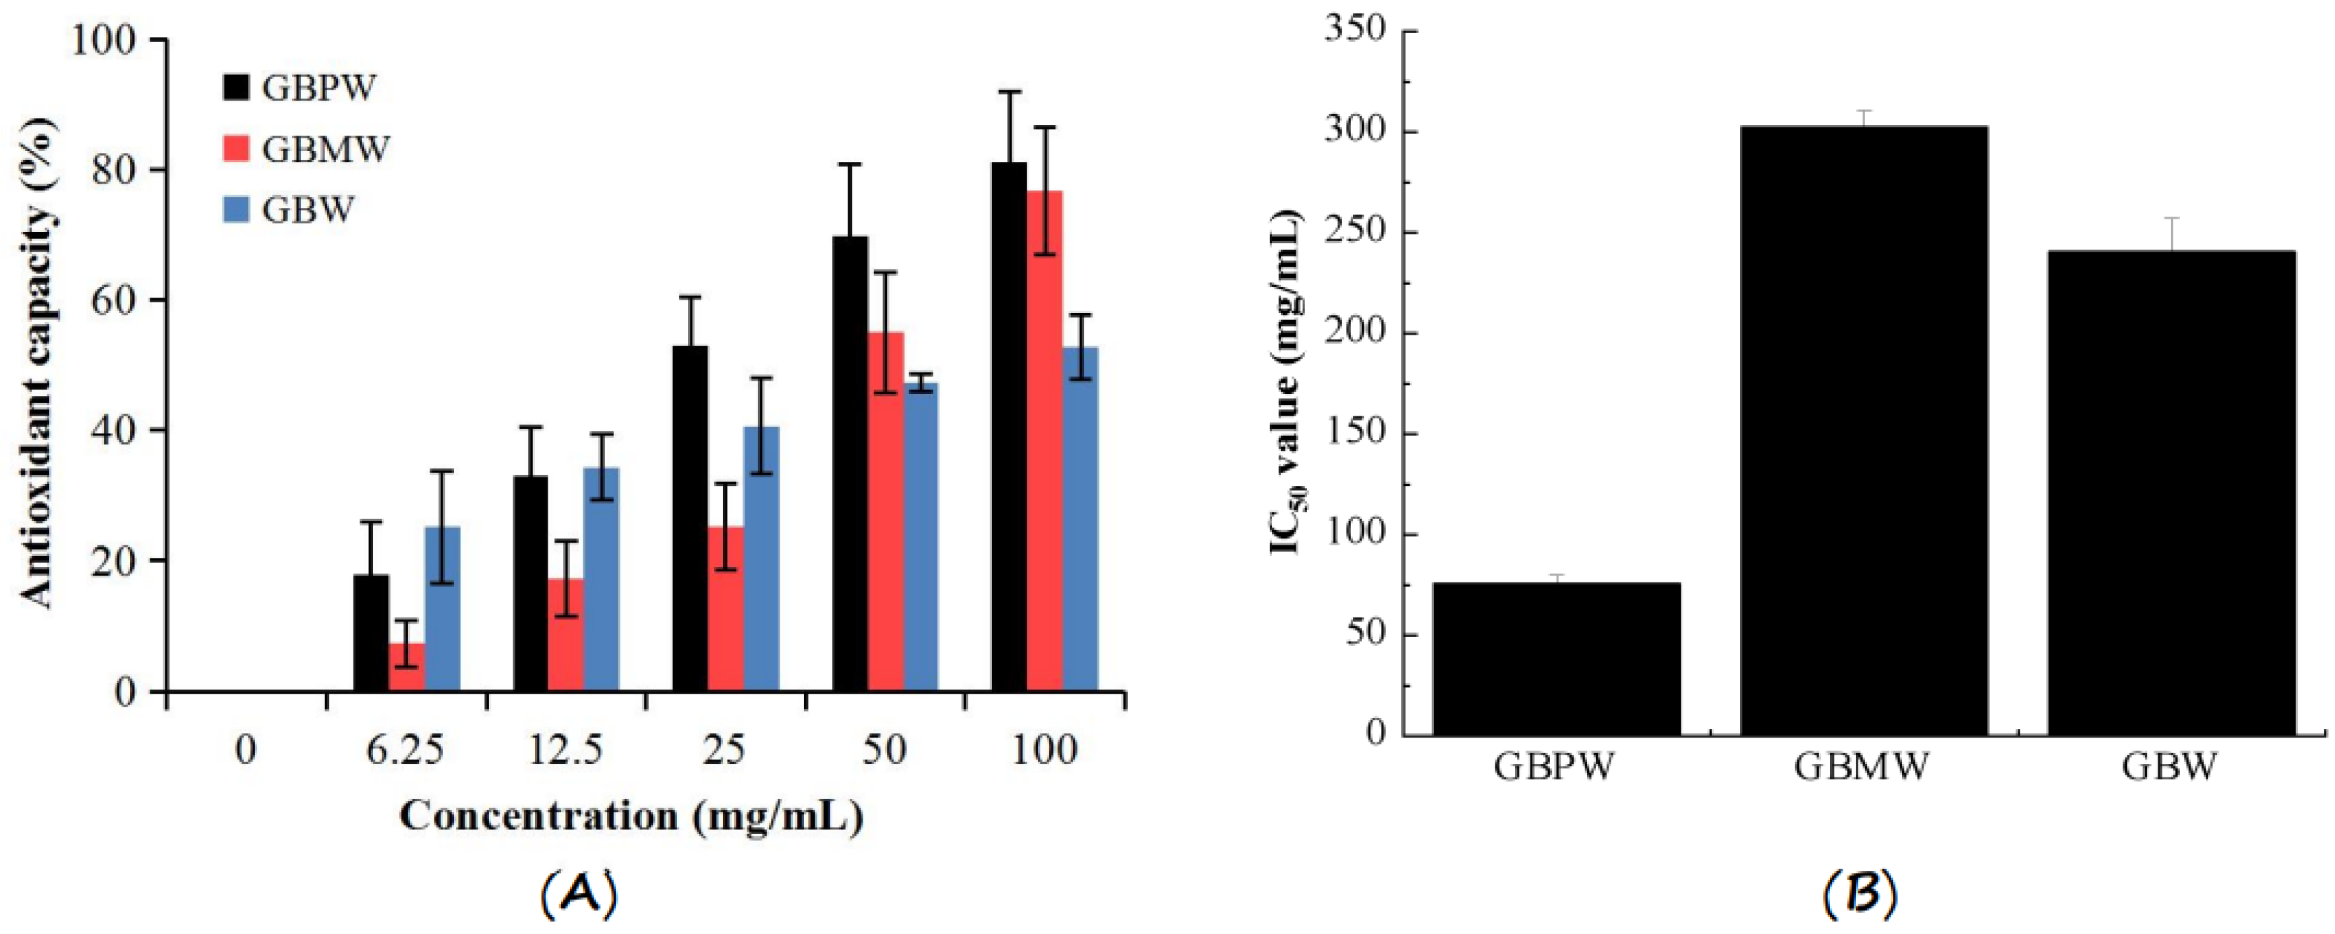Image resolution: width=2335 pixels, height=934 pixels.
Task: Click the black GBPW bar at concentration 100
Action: [x=1009, y=427]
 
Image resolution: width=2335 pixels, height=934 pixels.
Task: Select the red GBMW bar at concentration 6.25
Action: [x=406, y=667]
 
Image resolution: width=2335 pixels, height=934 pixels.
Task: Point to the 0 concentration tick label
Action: [x=245, y=750]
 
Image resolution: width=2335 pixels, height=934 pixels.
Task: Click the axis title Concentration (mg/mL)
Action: [x=631, y=816]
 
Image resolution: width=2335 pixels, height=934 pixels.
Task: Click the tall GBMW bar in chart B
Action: [x=1864, y=431]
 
